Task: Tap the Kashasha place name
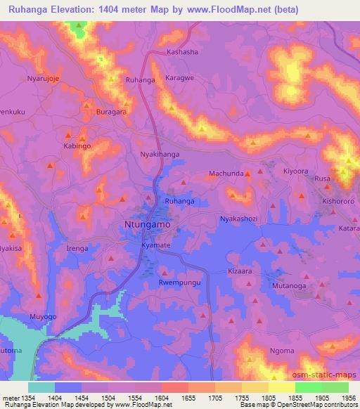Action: pyautogui.click(x=182, y=53)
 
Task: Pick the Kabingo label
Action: pyautogui.click(x=78, y=146)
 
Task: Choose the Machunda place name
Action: pyautogui.click(x=226, y=174)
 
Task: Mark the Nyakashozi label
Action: pyautogui.click(x=240, y=219)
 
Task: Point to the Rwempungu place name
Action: pyautogui.click(x=180, y=284)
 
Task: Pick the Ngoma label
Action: pyautogui.click(x=283, y=351)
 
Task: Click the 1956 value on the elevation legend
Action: pyautogui.click(x=340, y=397)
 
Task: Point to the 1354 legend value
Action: pyautogui.click(x=25, y=397)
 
